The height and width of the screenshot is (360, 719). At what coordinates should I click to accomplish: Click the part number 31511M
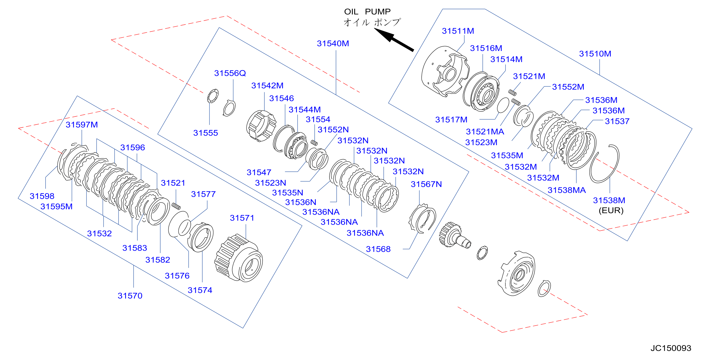[458, 31]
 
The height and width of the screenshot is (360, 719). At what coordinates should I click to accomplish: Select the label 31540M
[333, 43]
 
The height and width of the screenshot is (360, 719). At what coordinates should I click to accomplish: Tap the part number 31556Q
[230, 73]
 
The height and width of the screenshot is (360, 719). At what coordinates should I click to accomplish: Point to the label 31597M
[82, 125]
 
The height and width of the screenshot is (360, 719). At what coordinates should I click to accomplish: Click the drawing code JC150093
[671, 348]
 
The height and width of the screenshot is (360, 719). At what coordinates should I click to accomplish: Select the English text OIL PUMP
[367, 12]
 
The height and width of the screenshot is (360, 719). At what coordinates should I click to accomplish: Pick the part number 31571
[242, 218]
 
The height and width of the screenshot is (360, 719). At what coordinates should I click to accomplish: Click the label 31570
[130, 296]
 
